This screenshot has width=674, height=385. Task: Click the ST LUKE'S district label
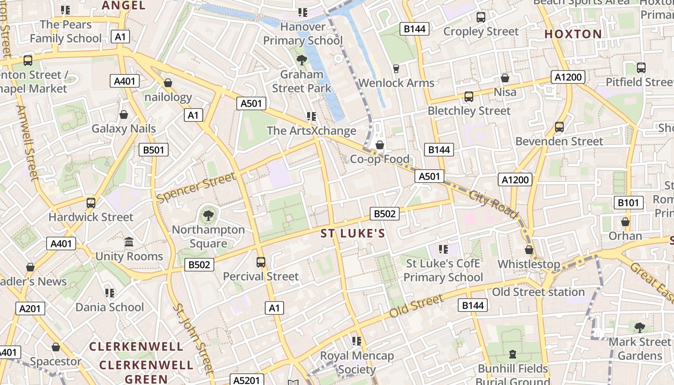pyautogui.click(x=353, y=233)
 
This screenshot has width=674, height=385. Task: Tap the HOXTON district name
pyautogui.click(x=573, y=34)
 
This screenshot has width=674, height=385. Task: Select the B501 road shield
pyautogui.click(x=154, y=150)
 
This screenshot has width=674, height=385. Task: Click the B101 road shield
pyautogui.click(x=628, y=203)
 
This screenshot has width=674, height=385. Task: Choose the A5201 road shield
pyautogui.click(x=246, y=380)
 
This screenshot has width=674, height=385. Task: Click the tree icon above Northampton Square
pyautogui.click(x=208, y=215)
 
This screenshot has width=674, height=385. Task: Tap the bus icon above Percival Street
pyautogui.click(x=261, y=262)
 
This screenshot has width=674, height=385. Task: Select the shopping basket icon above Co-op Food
pyautogui.click(x=380, y=145)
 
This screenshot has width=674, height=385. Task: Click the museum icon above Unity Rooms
pyautogui.click(x=129, y=242)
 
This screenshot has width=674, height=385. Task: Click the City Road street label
pyautogui.click(x=493, y=204)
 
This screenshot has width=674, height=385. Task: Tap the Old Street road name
pyautogui.click(x=416, y=306)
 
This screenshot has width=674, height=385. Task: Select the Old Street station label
pyautogui.click(x=538, y=292)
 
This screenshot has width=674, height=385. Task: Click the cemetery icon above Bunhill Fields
pyautogui.click(x=513, y=355)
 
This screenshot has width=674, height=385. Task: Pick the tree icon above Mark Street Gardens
pyautogui.click(x=640, y=328)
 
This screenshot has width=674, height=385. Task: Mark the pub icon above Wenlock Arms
pyautogui.click(x=396, y=69)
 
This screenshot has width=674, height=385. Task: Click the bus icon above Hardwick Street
pyautogui.click(x=91, y=203)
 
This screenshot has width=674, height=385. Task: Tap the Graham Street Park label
pyautogui.click(x=302, y=81)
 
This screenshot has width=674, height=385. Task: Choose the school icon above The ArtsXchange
pyautogui.click(x=311, y=116)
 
